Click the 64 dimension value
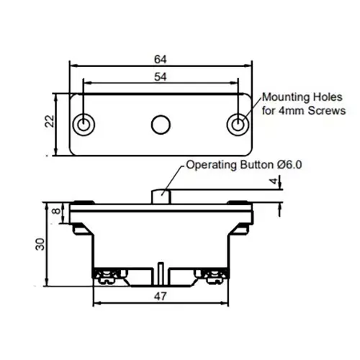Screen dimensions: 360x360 pos(161,59)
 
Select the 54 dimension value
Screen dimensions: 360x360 pos(161,77)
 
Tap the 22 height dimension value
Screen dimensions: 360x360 pos(50,121)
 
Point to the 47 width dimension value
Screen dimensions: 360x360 pos(161,297)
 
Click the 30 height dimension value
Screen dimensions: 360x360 pos(40,244)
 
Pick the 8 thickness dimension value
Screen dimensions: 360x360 pos(56,211)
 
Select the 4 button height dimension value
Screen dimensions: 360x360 pos(274,181)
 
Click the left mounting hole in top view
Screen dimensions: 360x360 pos(84,125)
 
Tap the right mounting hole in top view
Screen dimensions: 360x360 pos(238,125)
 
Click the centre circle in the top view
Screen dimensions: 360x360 pos(161,125)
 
